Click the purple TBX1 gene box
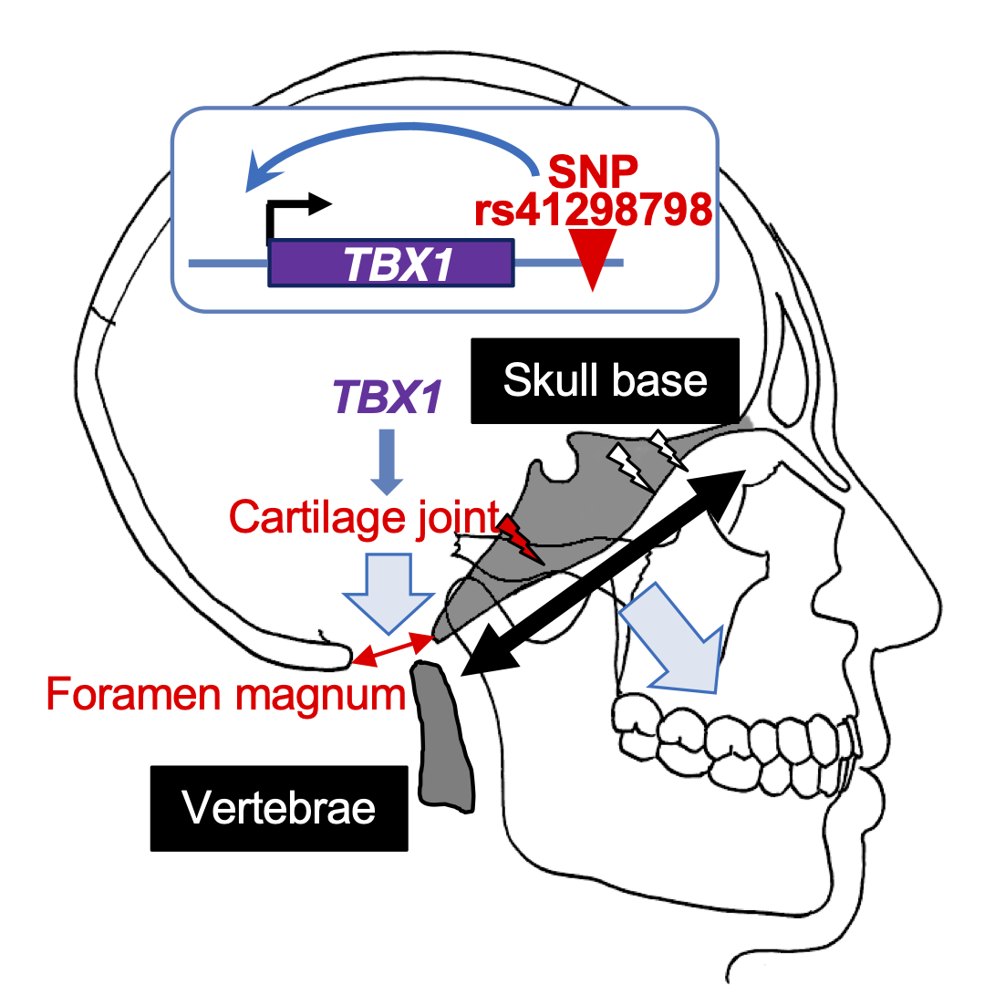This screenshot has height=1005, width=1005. [391, 263]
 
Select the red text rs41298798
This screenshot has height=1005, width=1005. [593, 210]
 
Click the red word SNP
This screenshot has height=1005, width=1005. [593, 171]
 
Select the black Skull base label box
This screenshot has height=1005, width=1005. [605, 380]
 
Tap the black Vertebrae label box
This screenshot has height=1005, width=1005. [279, 808]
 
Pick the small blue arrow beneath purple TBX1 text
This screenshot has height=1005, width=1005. [387, 461]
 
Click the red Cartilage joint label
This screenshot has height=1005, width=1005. [364, 517]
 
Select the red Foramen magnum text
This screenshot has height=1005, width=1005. [225, 693]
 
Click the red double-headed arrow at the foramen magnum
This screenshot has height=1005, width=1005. [393, 648]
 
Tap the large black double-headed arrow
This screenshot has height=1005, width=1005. [603, 573]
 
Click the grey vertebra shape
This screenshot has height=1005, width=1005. [443, 737]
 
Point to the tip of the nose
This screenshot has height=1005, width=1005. [939, 606]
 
